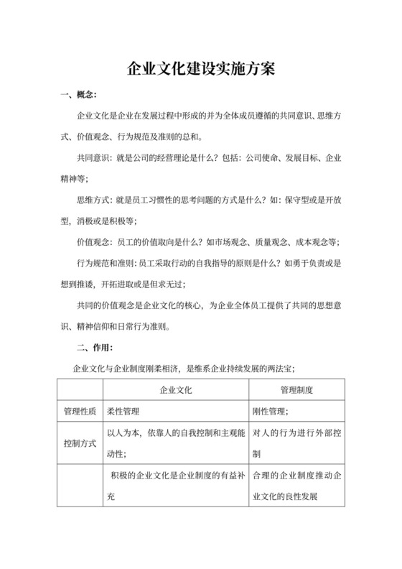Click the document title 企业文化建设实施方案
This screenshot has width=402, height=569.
click(x=200, y=70)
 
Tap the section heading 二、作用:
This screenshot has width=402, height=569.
click(x=93, y=348)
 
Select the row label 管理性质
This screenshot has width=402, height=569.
click(x=79, y=412)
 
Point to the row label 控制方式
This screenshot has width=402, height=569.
click(x=79, y=443)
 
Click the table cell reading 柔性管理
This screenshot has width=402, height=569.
click(x=123, y=412)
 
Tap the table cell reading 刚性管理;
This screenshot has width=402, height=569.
click(x=271, y=412)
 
